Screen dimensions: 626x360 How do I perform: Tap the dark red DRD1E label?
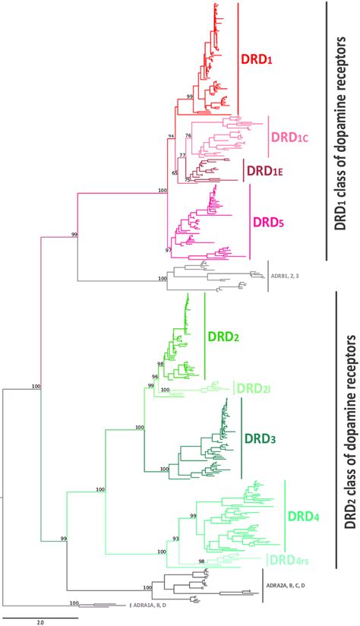[264, 172]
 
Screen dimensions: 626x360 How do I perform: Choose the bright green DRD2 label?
[225, 335]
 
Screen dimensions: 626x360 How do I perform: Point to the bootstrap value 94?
[171, 136]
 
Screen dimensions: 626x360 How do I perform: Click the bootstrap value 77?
[182, 155]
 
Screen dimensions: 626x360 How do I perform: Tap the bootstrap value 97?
[168, 249]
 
